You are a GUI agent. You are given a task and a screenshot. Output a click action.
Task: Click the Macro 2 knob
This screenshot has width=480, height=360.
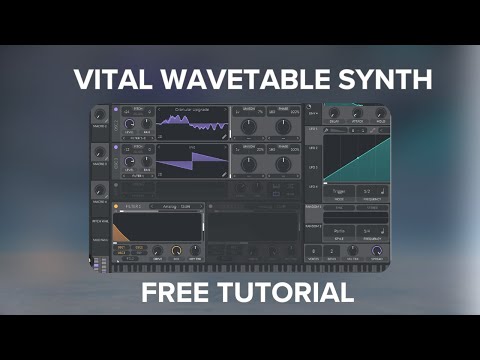(101, 152)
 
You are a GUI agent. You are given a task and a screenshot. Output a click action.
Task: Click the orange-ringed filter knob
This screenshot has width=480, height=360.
(177, 250)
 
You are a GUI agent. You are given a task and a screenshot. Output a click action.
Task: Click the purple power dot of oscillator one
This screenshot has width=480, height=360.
(117, 109)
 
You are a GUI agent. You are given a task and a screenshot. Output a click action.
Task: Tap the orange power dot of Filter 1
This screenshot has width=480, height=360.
(117, 207)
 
